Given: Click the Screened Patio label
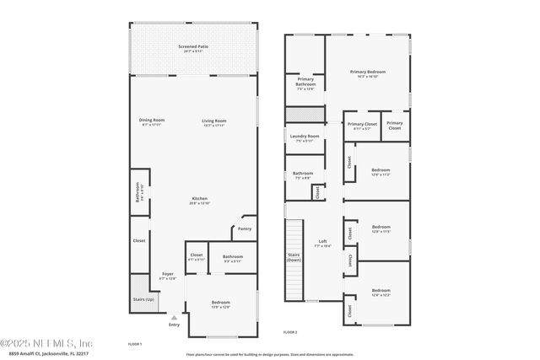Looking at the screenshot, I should [194, 46].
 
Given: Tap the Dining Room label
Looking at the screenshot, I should [152, 121].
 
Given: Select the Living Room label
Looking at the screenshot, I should [213, 121].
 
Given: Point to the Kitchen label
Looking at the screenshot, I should [199, 199].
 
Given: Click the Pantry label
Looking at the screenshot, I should [245, 228].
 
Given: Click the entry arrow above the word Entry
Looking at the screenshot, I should [174, 317].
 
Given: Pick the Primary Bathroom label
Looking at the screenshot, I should [305, 82].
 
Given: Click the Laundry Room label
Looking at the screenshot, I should [304, 136].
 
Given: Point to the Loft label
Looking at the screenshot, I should [321, 240].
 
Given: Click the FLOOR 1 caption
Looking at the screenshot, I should [134, 344].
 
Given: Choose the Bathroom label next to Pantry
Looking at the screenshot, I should [232, 256].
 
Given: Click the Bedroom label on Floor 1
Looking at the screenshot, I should [220, 303].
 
